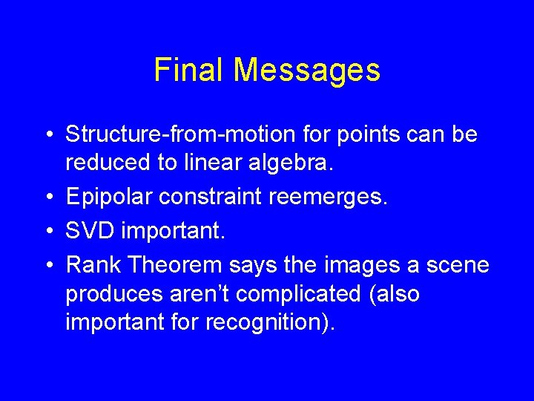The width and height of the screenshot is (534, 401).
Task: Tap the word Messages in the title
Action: [307, 71]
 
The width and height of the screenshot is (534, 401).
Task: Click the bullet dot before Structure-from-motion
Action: [48, 135]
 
